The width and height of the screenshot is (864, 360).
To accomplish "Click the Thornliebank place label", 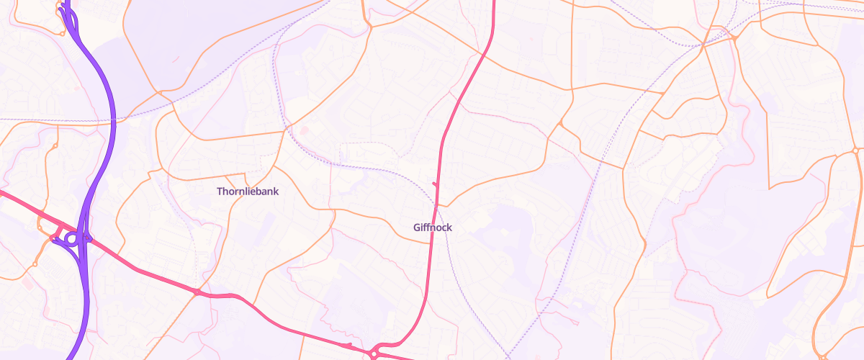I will click(248, 192).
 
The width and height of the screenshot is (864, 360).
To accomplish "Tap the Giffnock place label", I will click(433, 228).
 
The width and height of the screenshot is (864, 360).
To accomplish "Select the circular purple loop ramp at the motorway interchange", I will click(71, 238).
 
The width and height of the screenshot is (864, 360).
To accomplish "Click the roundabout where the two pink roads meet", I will click(374, 353).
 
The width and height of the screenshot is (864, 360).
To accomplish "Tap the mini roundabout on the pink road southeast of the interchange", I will click(196, 292).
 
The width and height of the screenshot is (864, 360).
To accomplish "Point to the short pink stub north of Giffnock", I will click(435, 185).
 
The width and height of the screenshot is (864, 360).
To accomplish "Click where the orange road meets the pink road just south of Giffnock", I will click(431, 243).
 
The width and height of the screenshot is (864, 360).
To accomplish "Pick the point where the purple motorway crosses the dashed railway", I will click(114, 120).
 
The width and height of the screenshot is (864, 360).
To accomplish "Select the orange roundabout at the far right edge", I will click(855, 150).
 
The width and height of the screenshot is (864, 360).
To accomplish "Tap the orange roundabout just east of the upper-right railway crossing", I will click(734, 37).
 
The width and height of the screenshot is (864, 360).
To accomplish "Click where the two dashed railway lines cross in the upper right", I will click(701, 45).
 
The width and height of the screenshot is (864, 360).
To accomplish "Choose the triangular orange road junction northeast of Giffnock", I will click(560, 125).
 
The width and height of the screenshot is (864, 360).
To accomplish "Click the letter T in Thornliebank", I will click(220, 192).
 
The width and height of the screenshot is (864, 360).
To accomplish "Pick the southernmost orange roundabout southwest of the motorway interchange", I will click(34, 264).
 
